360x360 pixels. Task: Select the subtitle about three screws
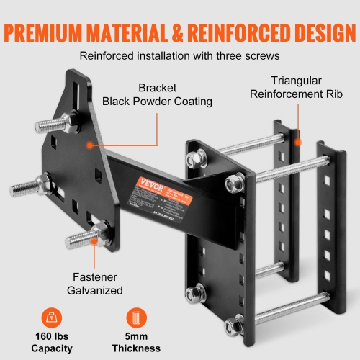click(179, 54)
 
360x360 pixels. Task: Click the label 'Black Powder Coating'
click(158, 101)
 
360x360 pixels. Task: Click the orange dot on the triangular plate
click(90, 145)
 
